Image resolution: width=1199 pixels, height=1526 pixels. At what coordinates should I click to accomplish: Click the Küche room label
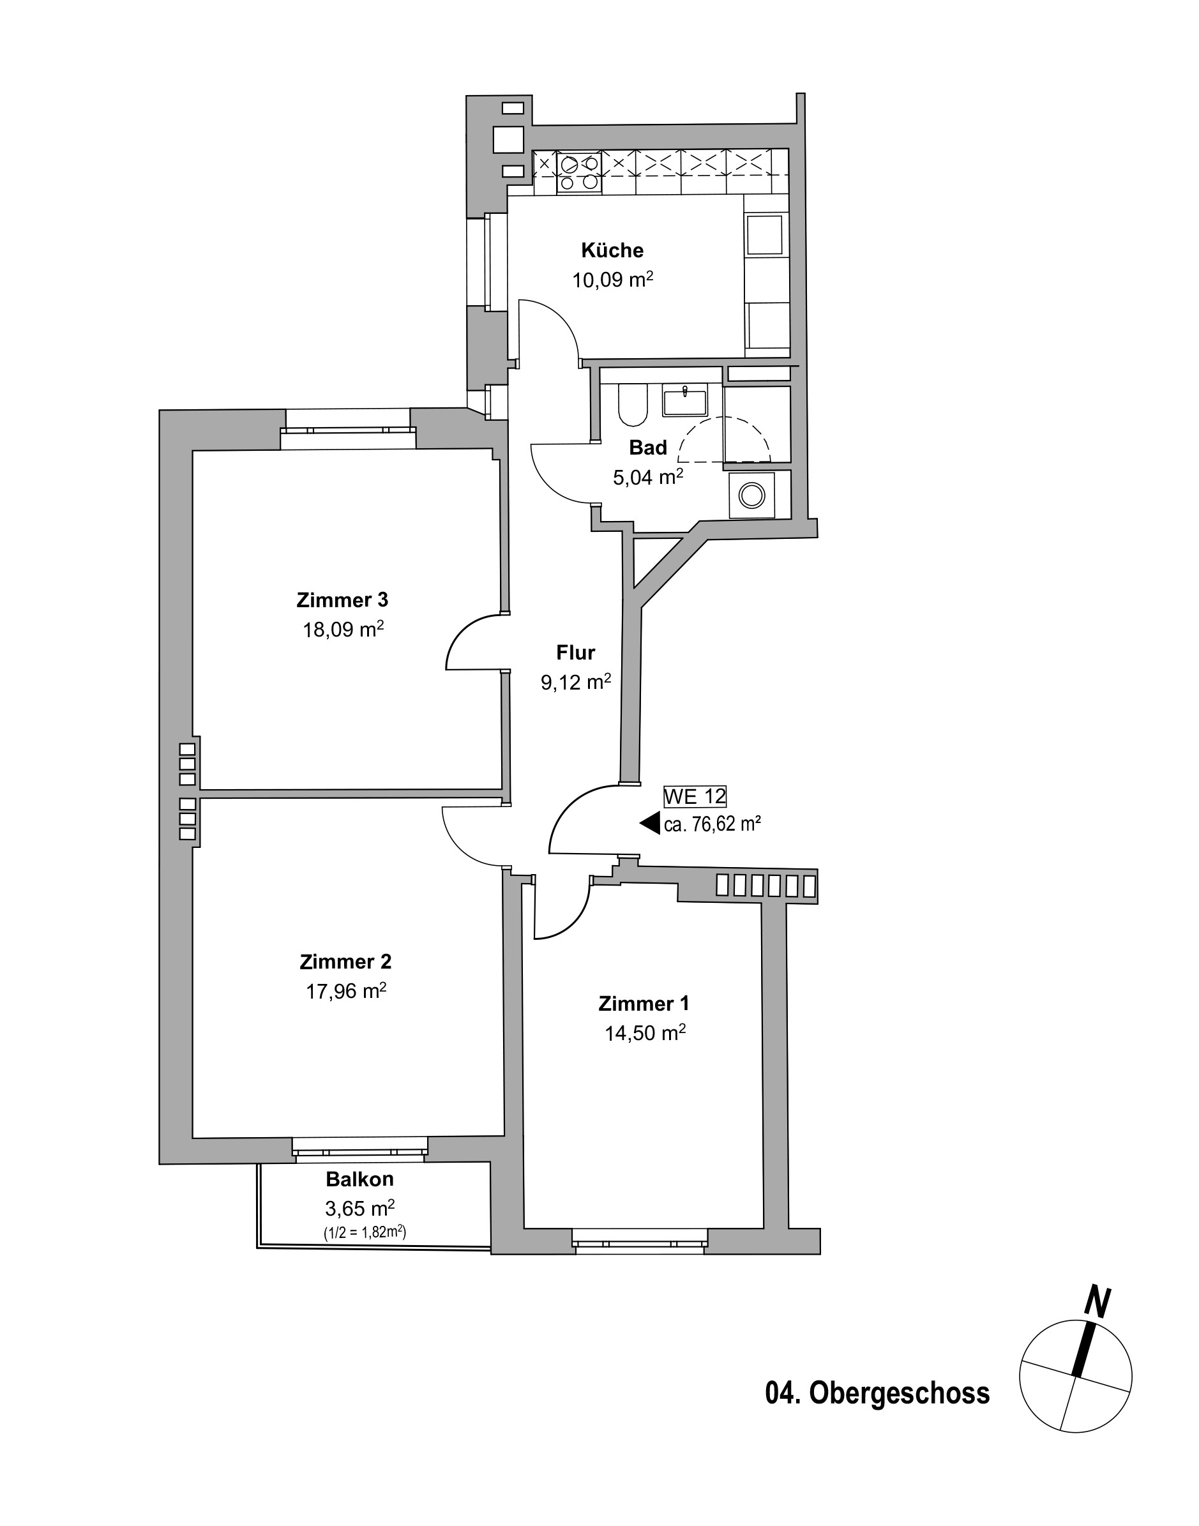pos(612,250)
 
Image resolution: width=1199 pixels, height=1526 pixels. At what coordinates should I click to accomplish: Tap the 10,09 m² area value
pos(613,280)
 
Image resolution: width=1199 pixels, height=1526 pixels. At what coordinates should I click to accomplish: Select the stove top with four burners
pos(579,172)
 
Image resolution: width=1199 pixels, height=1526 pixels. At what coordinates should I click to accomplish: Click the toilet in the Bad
pos(633,405)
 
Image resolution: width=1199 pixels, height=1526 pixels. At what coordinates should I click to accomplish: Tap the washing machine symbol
pos(753,495)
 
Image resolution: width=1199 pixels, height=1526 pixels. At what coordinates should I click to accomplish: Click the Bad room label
pos(648,447)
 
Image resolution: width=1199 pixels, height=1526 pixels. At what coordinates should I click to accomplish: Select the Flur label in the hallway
pos(576,652)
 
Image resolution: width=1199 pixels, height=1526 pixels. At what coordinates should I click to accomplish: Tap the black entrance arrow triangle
pos(650,824)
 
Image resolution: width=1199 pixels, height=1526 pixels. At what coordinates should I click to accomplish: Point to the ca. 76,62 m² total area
pos(713,824)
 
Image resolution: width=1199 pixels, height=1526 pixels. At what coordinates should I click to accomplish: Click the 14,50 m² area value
pos(645,1032)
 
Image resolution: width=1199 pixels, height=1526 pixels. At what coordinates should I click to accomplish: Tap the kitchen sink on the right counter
pos(764,235)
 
